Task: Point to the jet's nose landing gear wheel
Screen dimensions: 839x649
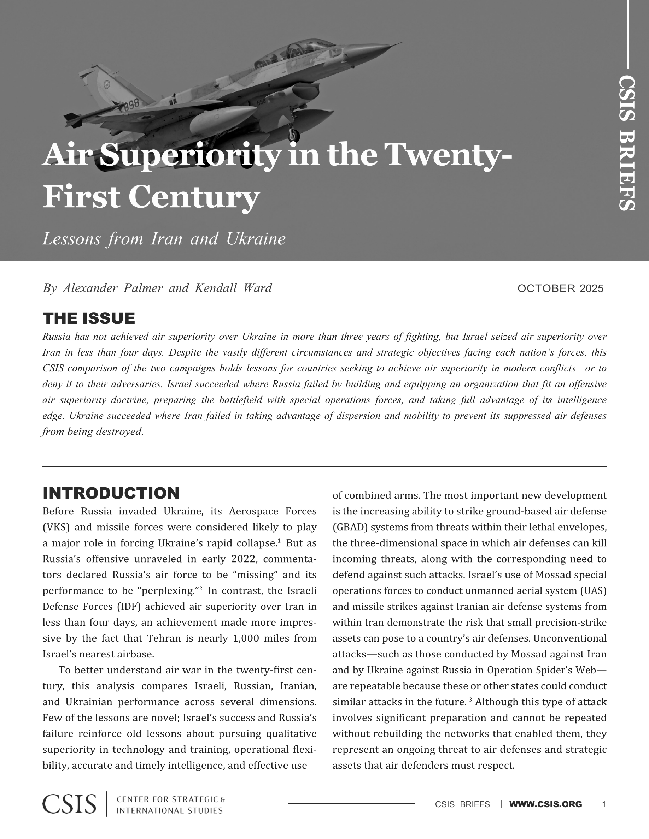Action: click(294, 135)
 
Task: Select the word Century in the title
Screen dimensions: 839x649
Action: click(194, 197)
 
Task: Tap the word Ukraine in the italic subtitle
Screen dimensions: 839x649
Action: click(256, 239)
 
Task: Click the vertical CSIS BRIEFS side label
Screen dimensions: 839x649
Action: click(627, 143)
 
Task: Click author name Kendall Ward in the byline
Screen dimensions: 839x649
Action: click(233, 288)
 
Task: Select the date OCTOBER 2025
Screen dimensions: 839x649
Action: click(561, 288)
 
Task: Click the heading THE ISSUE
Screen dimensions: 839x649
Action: click(89, 319)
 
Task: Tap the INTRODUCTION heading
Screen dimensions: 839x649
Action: click(111, 493)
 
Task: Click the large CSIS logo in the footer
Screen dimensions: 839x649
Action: click(70, 804)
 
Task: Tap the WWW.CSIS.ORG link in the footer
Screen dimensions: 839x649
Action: click(545, 804)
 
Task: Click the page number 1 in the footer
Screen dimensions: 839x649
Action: click(604, 804)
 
